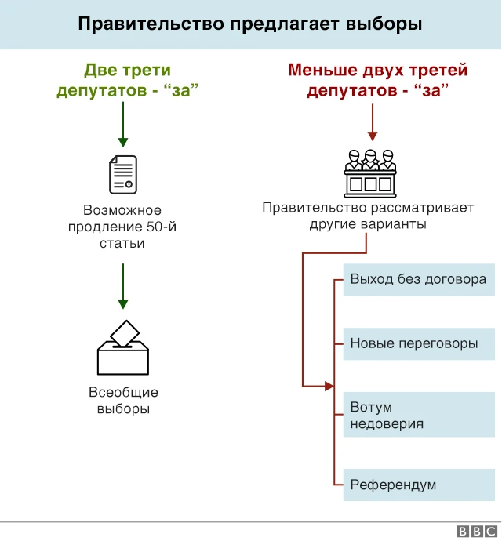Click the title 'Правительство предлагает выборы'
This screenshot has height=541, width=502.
pyautogui.click(x=250, y=24)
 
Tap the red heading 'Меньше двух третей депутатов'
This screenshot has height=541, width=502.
pyautogui.click(x=377, y=81)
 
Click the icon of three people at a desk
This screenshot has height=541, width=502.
pyautogui.click(x=371, y=172)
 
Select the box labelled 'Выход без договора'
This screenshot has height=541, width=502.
pyautogui.click(x=419, y=279)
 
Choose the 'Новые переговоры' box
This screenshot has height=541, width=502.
pyautogui.click(x=419, y=343)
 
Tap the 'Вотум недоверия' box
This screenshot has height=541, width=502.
pyautogui.click(x=419, y=416)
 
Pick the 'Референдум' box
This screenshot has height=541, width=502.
pyautogui.click(x=419, y=485)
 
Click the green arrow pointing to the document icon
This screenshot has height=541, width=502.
pyautogui.click(x=122, y=125)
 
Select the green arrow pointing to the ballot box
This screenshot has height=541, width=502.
pyautogui.click(x=122, y=286)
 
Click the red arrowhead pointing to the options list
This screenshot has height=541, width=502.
pyautogui.click(x=329, y=386)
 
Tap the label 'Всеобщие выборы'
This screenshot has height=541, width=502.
pyautogui.click(x=123, y=401)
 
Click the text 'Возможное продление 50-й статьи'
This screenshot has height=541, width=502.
pyautogui.click(x=122, y=227)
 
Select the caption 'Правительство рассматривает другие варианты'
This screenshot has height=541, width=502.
pyautogui.click(x=368, y=216)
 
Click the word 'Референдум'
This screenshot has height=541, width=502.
pyautogui.click(x=393, y=485)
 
